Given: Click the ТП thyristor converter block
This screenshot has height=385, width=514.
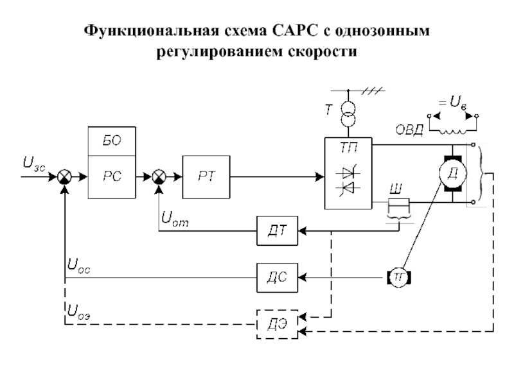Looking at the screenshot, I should pyautogui.click(x=347, y=173).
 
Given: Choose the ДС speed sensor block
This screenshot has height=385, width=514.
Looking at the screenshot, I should pyautogui.click(x=278, y=277).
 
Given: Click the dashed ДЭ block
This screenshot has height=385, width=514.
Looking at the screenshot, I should pyautogui.click(x=278, y=324).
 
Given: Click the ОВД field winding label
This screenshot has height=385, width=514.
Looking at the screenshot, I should pyautogui.click(x=408, y=131).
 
